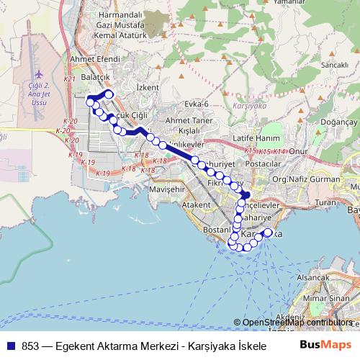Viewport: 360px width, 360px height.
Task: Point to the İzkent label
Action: pyautogui.click(x=147, y=87)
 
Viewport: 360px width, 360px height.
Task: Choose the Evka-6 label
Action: pyautogui.click(x=194, y=104)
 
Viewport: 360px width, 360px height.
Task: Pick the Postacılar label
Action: pyautogui.click(x=262, y=163)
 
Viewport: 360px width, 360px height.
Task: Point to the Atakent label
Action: pyautogui.click(x=195, y=204)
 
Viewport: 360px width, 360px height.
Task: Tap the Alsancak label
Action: pyautogui.click(x=312, y=276)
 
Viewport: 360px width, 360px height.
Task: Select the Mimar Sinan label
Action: pyautogui.click(x=325, y=297)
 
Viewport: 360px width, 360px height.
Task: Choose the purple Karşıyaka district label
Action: pyautogui.click(x=250, y=105)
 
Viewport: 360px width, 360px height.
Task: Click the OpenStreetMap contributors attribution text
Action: pyautogui.click(x=297, y=323)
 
